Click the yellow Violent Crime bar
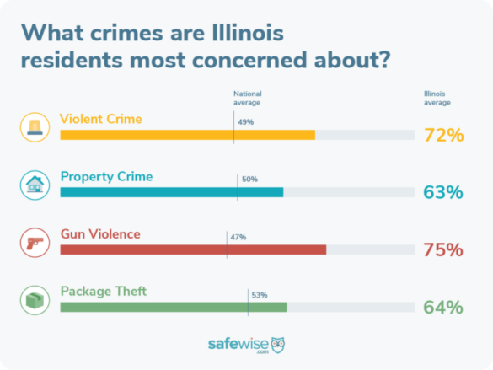pos(187,135)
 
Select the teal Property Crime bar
pos(172,192)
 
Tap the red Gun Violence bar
pos(193,249)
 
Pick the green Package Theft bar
pos(174,307)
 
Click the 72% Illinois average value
pos(443,135)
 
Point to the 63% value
pos(443,192)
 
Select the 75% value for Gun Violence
pos(443,249)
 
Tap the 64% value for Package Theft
pos(443,307)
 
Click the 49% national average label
pos(245,122)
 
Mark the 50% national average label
pos(249,180)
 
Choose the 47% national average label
pos(238,237)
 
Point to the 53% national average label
pos(259,295)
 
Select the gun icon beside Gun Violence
pos(35,242)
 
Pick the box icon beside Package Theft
pos(35,299)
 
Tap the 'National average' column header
pos(248,98)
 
